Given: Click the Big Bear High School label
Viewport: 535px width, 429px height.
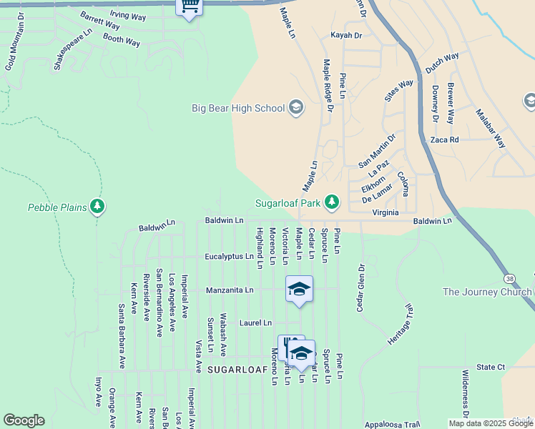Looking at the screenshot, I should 238,109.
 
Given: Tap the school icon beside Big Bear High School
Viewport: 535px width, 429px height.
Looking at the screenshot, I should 295,109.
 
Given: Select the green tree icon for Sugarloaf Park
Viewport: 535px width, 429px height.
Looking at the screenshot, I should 331,203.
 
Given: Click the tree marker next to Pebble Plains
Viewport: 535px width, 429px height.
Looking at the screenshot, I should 97,207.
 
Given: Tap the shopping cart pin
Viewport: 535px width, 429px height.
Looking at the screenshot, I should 190,7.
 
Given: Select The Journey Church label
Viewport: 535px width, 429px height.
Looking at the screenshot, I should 486,292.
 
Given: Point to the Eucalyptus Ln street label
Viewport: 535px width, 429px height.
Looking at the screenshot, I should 229,256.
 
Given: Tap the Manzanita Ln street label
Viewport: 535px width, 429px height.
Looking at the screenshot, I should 230,290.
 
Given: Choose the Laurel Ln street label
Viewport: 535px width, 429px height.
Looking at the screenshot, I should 255,323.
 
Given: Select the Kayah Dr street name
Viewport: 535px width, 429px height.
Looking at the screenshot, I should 346,35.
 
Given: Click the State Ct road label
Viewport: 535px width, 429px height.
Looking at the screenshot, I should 491,367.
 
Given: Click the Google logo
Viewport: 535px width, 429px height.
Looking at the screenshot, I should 24,420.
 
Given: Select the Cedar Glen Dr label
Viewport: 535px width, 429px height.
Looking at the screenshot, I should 361,287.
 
